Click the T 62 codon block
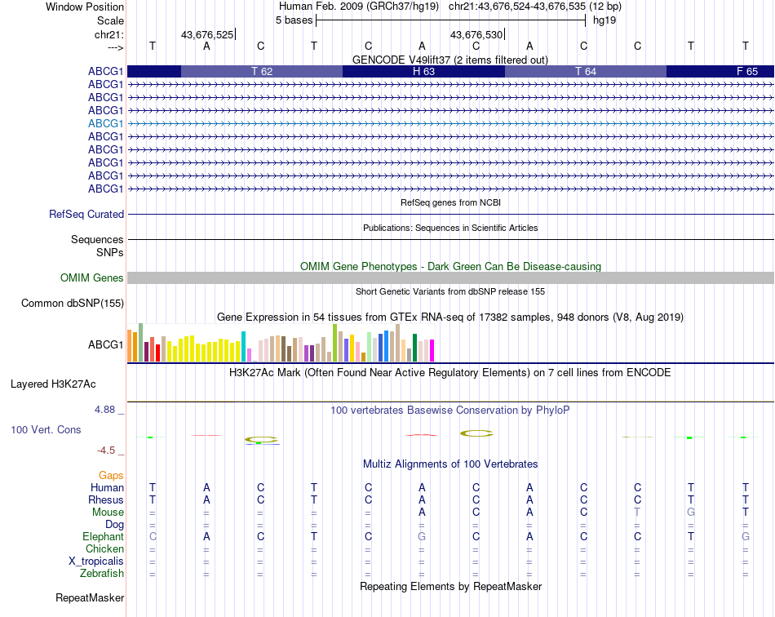point(262,71)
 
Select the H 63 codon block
point(423,71)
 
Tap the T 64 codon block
point(585,71)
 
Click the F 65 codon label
point(746,71)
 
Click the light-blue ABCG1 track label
point(106,123)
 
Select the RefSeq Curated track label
point(86,215)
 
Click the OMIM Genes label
point(92,278)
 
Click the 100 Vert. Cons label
point(46,429)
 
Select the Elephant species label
point(103,537)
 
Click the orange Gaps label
point(111,475)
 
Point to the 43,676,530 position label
point(476,34)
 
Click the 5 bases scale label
point(294,20)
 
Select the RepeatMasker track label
point(90,598)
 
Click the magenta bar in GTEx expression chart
point(432,350)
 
